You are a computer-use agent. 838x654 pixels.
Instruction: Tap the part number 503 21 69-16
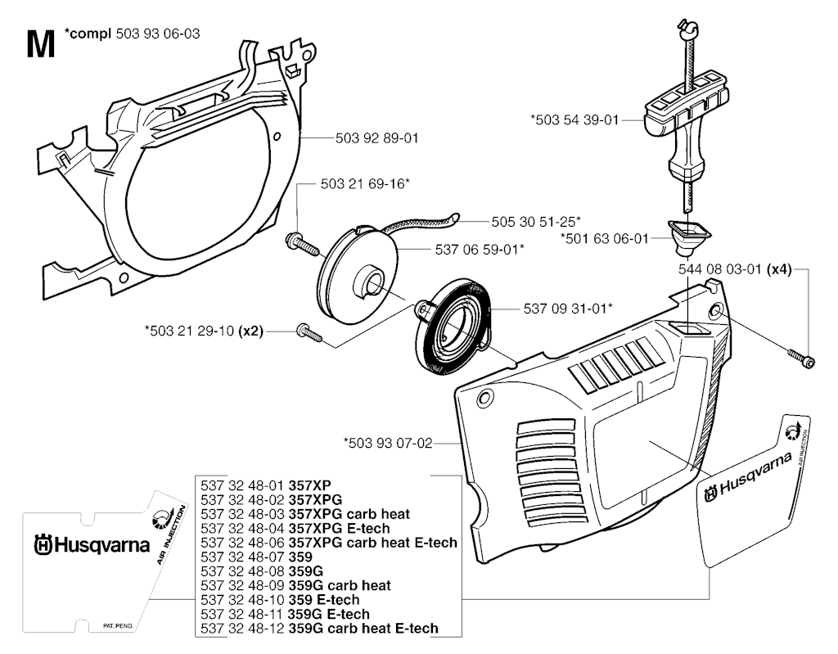364,184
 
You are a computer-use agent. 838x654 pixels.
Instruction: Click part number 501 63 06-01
604,238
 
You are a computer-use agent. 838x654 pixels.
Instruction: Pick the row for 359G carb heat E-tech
319,628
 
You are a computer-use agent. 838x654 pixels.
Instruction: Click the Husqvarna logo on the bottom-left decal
92,544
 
